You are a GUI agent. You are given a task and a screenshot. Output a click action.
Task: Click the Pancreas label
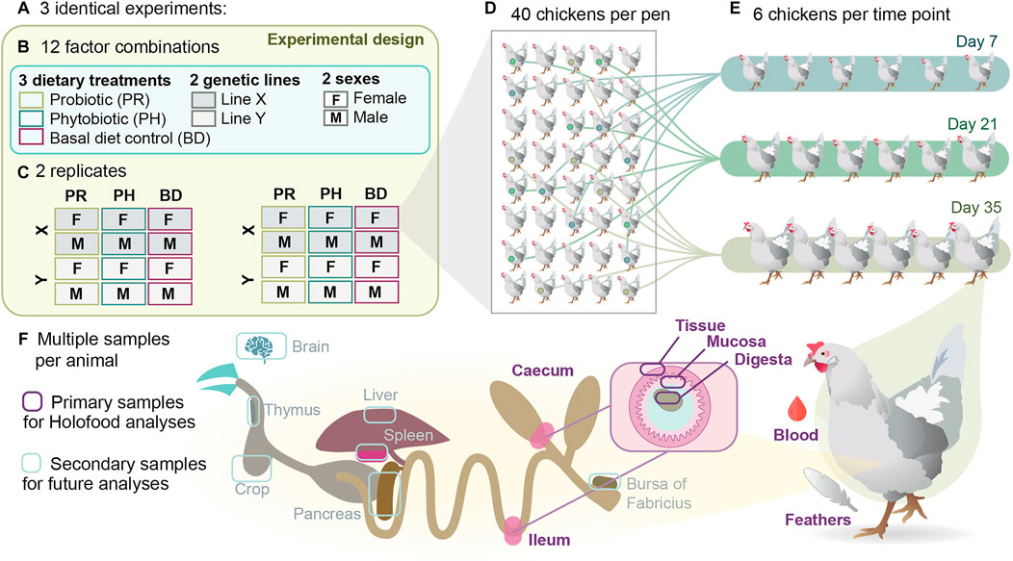pos(328,514)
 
